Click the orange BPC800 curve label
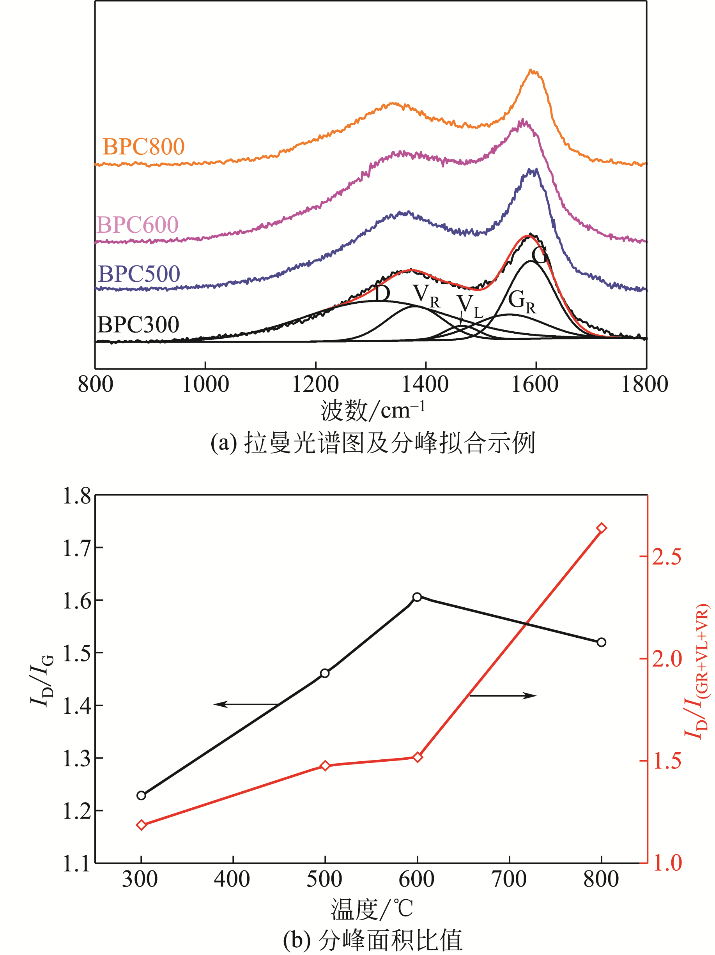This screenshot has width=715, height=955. (143, 147)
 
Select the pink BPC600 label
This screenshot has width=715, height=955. (137, 225)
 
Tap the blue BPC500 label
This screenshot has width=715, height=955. (139, 274)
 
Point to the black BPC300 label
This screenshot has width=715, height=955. (138, 325)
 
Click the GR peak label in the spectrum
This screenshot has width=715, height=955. (522, 301)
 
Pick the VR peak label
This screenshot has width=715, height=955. (426, 296)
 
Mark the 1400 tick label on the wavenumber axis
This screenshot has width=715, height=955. (425, 384)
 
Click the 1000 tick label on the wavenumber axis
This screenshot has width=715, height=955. (205, 384)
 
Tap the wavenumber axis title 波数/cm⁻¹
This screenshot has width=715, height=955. (372, 410)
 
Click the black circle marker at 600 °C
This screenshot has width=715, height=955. (417, 597)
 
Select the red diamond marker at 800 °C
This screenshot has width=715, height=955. (602, 528)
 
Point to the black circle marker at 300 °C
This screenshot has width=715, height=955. (141, 795)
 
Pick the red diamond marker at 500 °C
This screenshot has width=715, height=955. (325, 766)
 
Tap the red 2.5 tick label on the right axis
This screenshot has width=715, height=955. (667, 557)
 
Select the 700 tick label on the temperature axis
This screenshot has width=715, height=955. (510, 879)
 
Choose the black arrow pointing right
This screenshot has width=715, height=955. (503, 695)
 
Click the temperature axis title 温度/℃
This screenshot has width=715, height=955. (372, 909)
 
